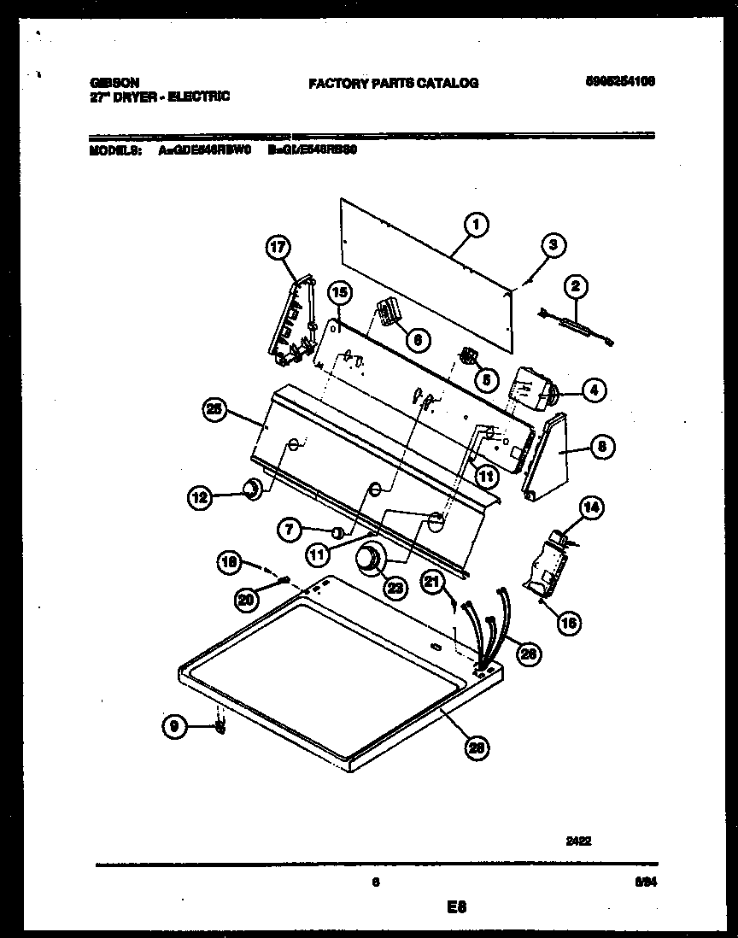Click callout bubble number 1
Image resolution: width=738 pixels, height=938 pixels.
[476, 225]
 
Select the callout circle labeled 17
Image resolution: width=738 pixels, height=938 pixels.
[277, 248]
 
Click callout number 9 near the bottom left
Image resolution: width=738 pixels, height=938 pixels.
[173, 727]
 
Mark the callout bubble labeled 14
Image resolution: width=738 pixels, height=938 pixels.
[590, 509]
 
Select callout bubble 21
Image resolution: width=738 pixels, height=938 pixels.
[434, 583]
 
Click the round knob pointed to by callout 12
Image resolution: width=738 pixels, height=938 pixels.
[252, 489]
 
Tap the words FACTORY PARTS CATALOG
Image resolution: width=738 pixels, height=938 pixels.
[393, 83]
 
